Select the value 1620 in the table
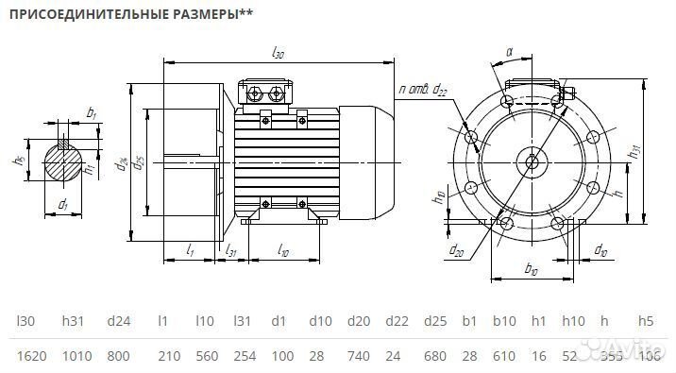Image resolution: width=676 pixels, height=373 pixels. click(x=33, y=356)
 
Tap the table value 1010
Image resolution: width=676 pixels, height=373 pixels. click(x=76, y=356)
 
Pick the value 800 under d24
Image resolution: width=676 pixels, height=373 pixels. click(x=118, y=356)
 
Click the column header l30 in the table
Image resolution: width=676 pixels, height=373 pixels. click(x=26, y=321)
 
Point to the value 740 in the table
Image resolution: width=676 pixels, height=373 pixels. click(x=359, y=356)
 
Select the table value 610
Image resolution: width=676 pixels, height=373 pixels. click(x=504, y=356)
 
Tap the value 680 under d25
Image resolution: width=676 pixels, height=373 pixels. click(x=434, y=356)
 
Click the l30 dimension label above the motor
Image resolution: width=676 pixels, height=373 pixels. click(x=278, y=54)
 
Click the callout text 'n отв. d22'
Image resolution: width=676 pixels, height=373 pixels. click(x=424, y=90)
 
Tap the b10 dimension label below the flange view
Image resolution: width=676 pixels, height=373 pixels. click(x=531, y=272)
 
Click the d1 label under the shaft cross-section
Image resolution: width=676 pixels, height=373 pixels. click(x=62, y=205)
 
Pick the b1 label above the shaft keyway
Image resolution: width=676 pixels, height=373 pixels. click(x=91, y=113)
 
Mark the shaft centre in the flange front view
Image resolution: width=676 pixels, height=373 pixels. click(x=532, y=161)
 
